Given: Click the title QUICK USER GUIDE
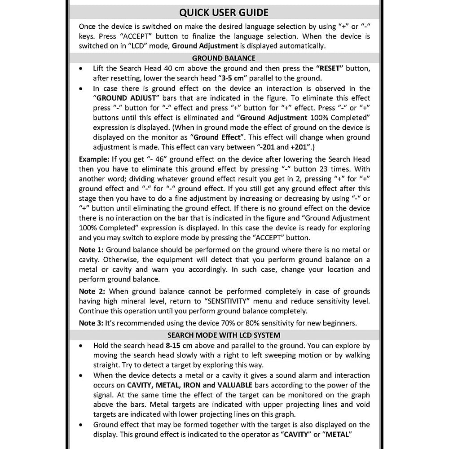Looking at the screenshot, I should point(224,12).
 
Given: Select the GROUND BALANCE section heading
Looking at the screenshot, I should point(224,58).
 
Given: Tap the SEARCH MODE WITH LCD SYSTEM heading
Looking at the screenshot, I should point(224,335).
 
